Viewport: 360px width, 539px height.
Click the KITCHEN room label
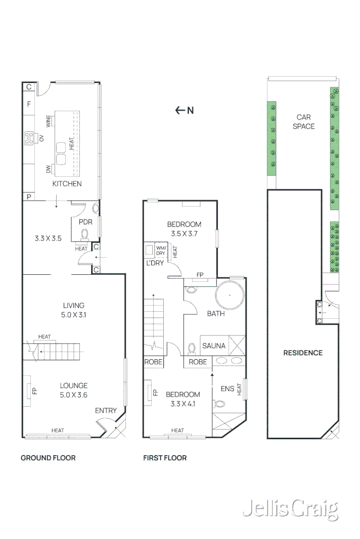[x=67, y=184]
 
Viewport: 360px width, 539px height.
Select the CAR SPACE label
[x=303, y=122]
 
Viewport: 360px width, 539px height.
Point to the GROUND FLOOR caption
[x=48, y=458]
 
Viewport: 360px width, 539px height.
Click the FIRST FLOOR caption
[x=165, y=458]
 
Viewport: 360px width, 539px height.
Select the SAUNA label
[x=214, y=346]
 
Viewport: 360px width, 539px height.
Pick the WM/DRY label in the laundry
[x=161, y=251]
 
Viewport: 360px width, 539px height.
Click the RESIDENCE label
[x=302, y=353]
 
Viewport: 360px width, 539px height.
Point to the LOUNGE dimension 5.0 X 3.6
[x=73, y=395]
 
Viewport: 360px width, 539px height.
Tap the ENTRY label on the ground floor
[x=106, y=411]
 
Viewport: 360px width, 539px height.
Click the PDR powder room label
[x=84, y=221]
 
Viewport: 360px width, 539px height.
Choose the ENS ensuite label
[x=228, y=388]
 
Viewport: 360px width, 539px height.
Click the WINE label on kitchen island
[x=49, y=121]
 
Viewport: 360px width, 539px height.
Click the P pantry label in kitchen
[x=29, y=196]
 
